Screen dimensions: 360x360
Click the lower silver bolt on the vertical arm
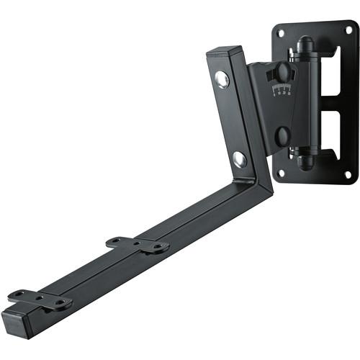click(x=239, y=158)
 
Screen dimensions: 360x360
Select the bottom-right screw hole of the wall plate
click(x=348, y=174)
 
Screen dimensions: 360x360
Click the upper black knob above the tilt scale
click(x=283, y=73)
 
